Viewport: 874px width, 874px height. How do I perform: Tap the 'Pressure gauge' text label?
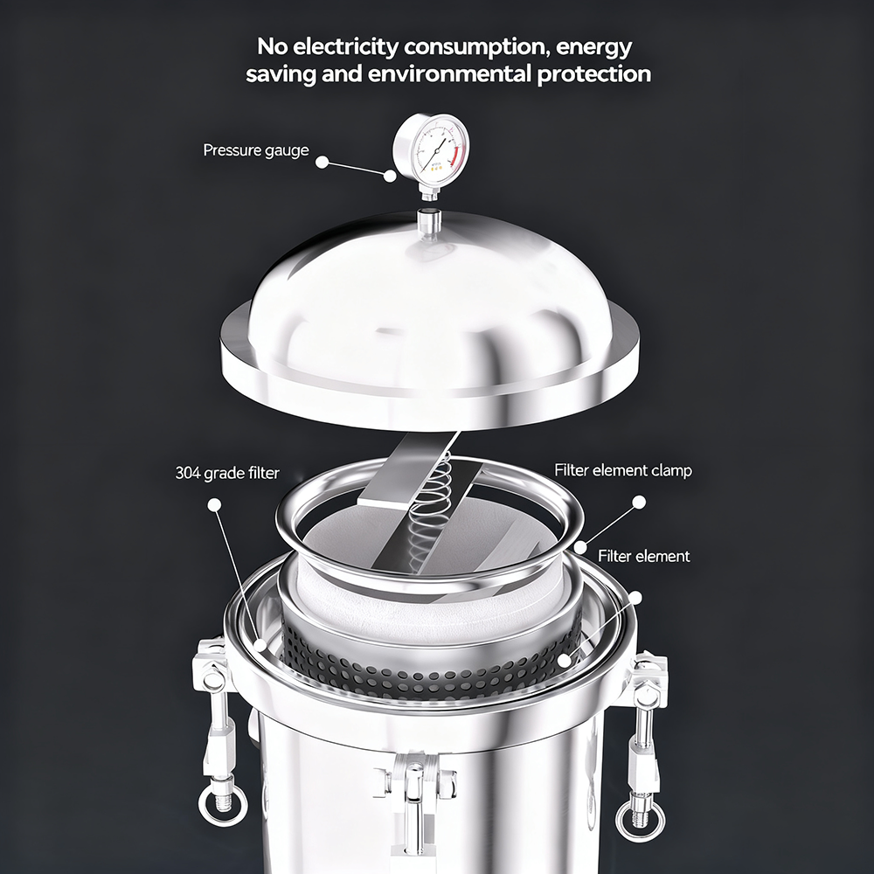tap(256, 150)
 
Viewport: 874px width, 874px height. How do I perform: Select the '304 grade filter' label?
tap(227, 473)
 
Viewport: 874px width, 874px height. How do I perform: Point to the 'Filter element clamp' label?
tap(623, 470)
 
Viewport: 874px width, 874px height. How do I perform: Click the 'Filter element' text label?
tap(644, 556)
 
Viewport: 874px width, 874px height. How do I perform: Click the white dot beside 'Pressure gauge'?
tap(322, 162)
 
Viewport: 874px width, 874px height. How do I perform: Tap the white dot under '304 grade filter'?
tap(213, 504)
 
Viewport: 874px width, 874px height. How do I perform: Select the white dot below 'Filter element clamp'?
tap(639, 502)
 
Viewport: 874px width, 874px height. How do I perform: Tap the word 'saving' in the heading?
tap(277, 73)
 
